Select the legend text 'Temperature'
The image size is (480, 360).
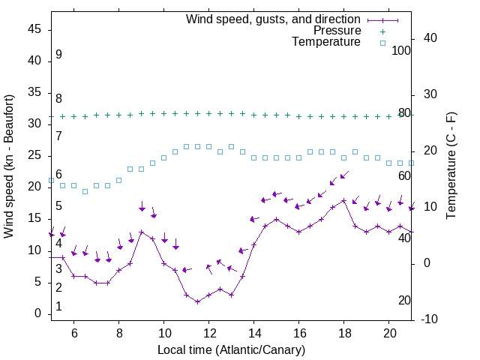(x=326, y=42)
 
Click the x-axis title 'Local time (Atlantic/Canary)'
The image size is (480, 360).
(x=232, y=349)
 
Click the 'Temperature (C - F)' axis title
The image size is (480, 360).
(x=451, y=166)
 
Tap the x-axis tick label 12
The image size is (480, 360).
(x=209, y=333)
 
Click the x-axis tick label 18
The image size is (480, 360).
(x=344, y=333)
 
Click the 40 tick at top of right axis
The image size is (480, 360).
(x=431, y=38)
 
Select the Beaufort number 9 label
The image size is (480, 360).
(x=58, y=55)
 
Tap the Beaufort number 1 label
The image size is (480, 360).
(x=58, y=307)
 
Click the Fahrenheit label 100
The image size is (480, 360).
(x=401, y=50)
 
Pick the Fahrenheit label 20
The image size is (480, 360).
(x=404, y=301)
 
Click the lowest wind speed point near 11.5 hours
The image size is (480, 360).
(x=198, y=301)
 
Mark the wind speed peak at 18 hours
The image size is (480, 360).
(x=344, y=201)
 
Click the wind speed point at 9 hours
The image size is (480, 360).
(x=142, y=232)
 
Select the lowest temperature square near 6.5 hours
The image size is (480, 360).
(x=85, y=191)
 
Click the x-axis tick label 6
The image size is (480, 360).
(x=74, y=333)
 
